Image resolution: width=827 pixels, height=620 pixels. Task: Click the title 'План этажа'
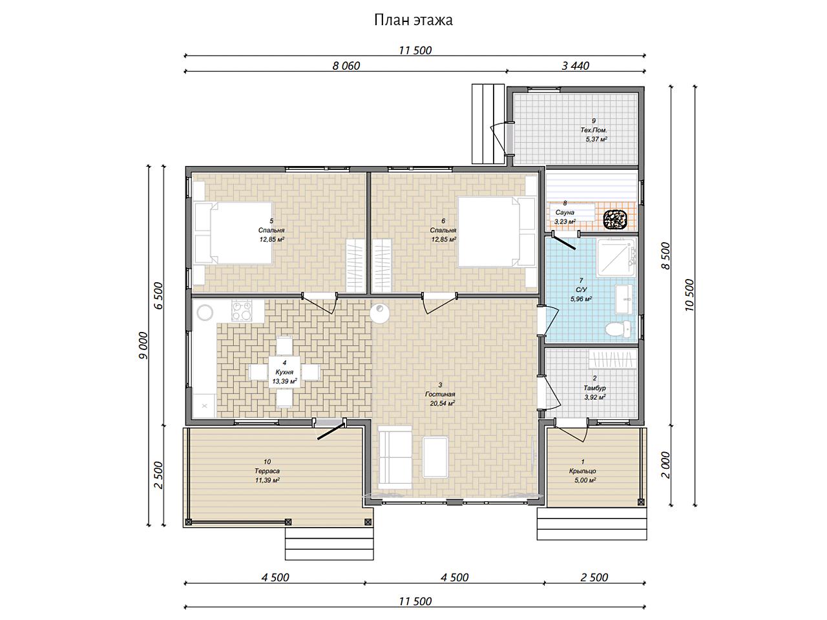413,20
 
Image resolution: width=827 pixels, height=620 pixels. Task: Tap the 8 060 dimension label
346,66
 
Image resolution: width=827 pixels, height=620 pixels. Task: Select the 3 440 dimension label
575,66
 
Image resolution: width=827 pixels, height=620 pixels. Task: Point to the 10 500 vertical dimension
689,294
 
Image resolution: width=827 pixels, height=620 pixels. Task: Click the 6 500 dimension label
159,296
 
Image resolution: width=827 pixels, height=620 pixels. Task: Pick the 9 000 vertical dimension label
143,345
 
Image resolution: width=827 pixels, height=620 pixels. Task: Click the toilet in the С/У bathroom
618,329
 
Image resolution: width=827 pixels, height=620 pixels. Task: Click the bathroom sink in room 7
624,299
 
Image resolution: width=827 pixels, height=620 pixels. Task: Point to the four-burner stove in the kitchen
242,311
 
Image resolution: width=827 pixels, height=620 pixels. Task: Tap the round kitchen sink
205,313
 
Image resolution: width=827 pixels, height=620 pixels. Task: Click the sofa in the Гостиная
395,457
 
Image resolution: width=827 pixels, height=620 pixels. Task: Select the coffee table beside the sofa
435,457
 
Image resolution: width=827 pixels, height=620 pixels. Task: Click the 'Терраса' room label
267,471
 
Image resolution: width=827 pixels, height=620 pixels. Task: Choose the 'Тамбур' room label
594,387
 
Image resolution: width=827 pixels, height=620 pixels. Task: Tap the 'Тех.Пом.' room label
594,130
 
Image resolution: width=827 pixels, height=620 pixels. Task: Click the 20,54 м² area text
443,404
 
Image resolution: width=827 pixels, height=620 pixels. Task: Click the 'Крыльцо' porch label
583,471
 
